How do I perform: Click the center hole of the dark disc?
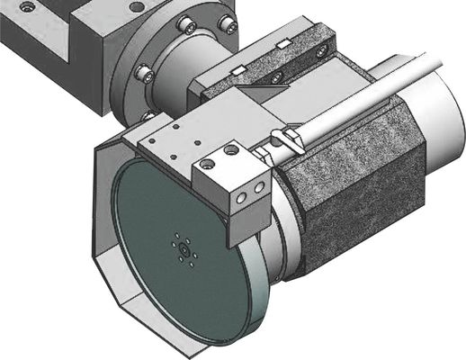[182, 249]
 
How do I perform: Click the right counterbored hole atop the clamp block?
[232, 150]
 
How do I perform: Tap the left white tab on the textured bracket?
[238, 69]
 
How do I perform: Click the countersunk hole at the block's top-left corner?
[28, 7]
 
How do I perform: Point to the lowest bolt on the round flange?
[148, 115]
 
